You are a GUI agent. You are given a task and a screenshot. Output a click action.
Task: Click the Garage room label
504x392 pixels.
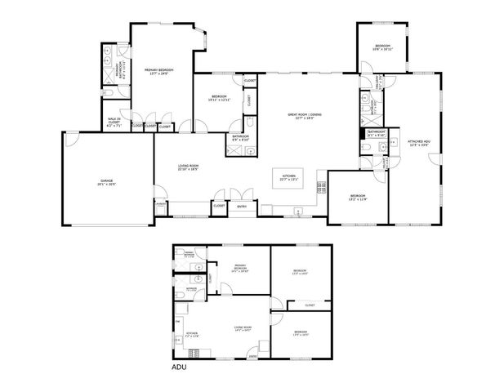(106, 182)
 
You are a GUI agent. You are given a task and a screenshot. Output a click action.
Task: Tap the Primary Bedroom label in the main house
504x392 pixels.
(161, 72)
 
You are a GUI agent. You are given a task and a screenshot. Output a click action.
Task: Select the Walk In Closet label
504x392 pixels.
(114, 123)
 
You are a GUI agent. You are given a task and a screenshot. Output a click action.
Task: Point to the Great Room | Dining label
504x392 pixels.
(305, 115)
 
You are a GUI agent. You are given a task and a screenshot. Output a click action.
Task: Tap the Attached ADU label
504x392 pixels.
(419, 143)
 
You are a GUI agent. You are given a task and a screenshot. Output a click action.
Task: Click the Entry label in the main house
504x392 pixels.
(243, 206)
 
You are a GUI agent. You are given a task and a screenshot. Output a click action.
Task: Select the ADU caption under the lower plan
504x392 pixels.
(180, 368)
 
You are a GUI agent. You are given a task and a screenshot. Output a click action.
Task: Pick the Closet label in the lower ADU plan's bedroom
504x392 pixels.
(310, 305)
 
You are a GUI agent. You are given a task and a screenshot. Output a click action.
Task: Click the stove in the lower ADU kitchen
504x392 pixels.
(194, 353)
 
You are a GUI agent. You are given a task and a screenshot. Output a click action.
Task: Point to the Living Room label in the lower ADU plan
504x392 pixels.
(243, 328)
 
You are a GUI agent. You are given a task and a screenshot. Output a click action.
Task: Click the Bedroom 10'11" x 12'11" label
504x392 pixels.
(220, 99)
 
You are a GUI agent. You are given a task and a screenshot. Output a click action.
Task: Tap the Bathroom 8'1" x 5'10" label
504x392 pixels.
(377, 133)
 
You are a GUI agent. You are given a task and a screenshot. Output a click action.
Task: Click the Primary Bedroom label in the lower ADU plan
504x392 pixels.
(240, 268)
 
